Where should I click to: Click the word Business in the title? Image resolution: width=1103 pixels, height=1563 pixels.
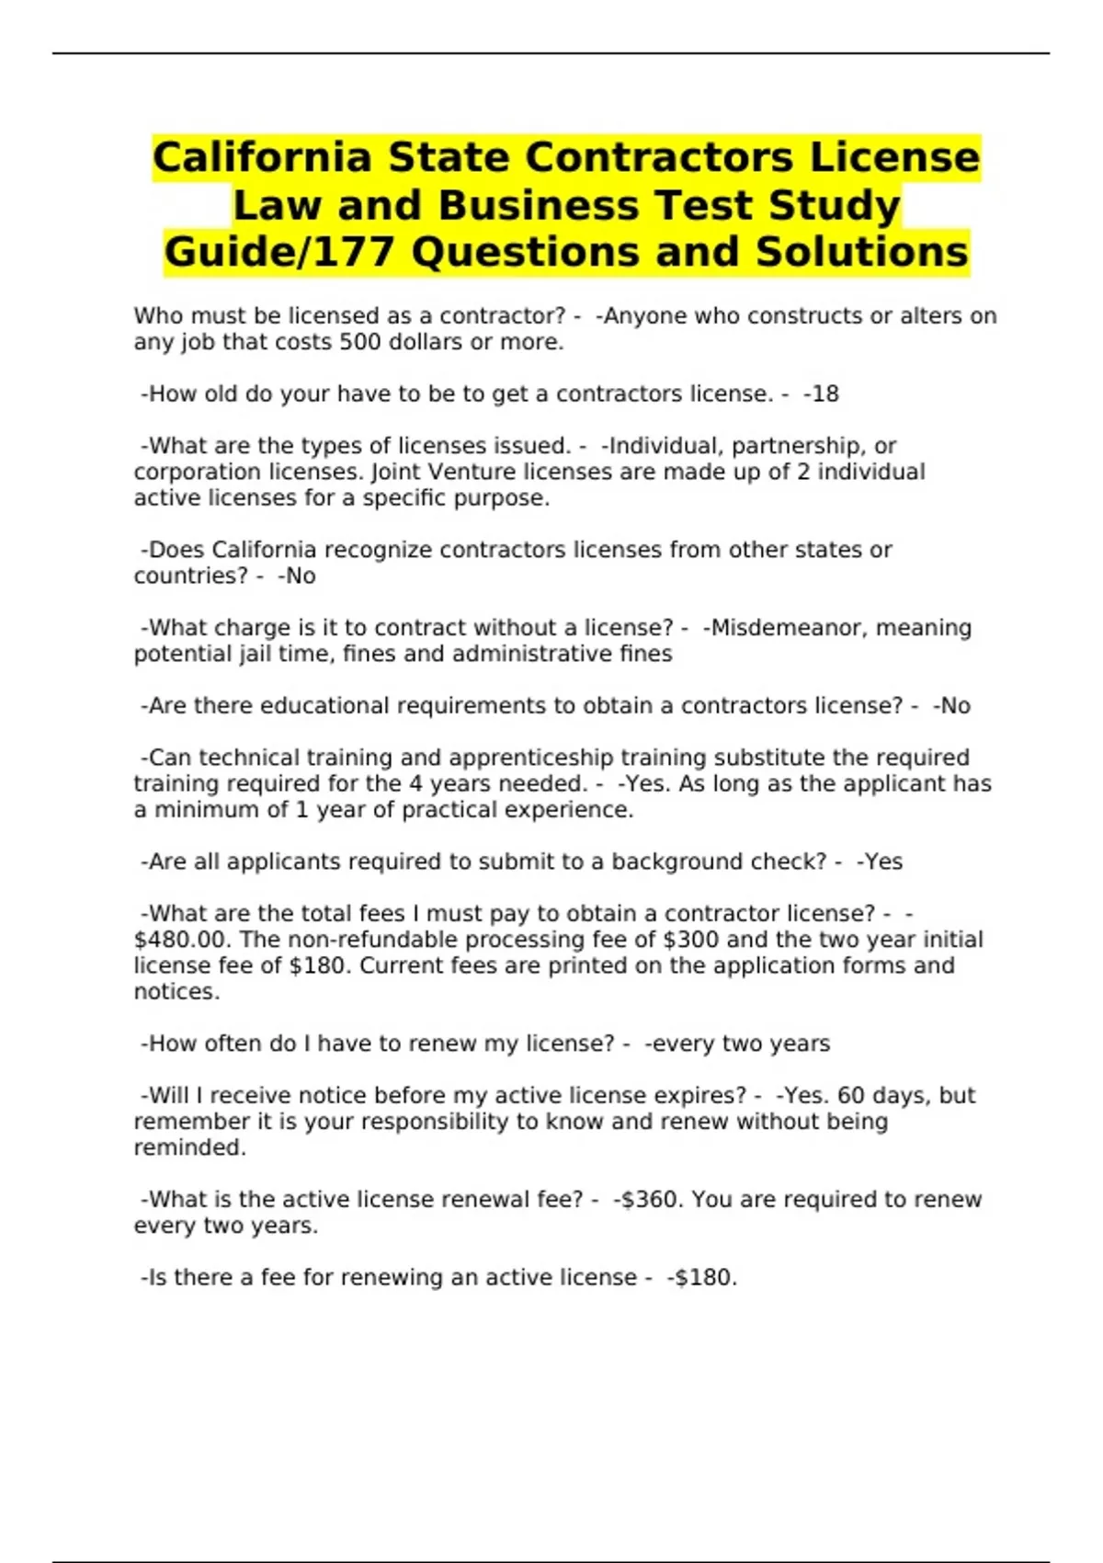tap(537, 205)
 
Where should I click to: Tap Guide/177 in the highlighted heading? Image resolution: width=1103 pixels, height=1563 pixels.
tap(279, 253)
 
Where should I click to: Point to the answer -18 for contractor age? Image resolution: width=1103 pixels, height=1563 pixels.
tap(821, 394)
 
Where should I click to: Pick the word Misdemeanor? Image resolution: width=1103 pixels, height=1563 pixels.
tap(785, 628)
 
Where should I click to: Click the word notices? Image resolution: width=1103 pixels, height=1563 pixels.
tap(176, 992)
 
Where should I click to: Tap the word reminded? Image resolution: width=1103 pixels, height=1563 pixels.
tap(189, 1148)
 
